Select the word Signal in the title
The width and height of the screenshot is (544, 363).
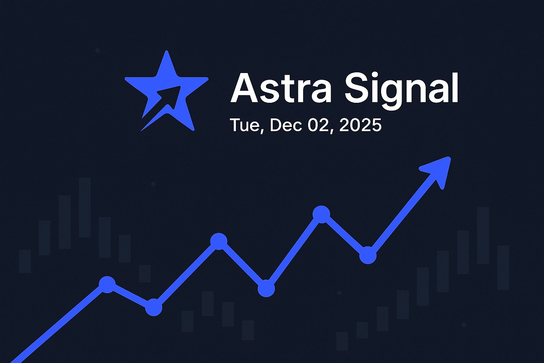(402, 89)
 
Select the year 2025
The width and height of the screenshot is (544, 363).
(360, 125)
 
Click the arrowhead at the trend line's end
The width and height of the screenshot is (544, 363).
(438, 171)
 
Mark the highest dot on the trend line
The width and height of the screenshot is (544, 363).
(322, 214)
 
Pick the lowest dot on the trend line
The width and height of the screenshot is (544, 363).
(154, 307)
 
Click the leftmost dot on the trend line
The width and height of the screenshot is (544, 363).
(107, 284)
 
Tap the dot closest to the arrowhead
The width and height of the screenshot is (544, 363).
(368, 255)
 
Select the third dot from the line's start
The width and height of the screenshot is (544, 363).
(219, 241)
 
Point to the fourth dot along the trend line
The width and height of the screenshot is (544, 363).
(266, 288)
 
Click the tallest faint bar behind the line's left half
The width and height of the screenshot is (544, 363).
(85, 207)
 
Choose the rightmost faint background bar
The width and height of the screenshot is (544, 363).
(503, 267)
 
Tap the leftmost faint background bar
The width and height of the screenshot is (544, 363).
(25, 261)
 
